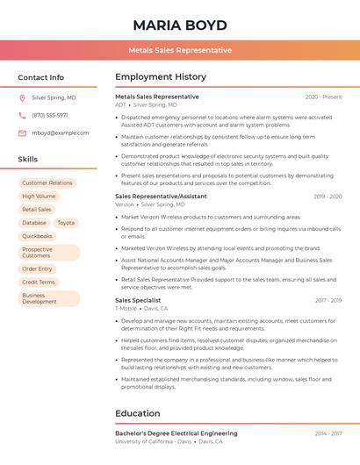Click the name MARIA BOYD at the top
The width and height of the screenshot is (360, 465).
pos(179,25)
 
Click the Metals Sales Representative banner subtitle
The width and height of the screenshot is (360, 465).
pos(179,50)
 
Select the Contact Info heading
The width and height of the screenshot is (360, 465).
pos(41,77)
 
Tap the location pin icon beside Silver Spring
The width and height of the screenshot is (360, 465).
pos(22,97)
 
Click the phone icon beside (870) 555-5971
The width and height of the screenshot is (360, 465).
pos(22,115)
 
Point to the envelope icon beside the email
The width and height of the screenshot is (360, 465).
pos(22,132)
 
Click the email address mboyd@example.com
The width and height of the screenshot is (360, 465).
pos(61,132)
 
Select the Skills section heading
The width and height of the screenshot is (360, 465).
pos(28,160)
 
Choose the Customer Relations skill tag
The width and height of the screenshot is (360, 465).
pos(47,182)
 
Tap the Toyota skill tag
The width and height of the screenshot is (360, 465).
pos(66,223)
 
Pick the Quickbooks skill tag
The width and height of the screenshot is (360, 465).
pos(38,236)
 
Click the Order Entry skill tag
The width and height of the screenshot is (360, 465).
pos(38,268)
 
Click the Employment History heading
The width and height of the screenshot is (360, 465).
pos(161,76)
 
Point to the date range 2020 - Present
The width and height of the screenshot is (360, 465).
pos(323,97)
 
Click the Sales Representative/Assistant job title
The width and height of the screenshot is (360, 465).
pos(161,197)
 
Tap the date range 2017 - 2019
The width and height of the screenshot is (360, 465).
pos(328,300)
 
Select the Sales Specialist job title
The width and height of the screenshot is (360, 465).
pos(138,300)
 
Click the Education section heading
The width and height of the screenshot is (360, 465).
pos(138,413)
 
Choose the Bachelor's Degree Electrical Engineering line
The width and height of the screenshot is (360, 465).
pos(176,433)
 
